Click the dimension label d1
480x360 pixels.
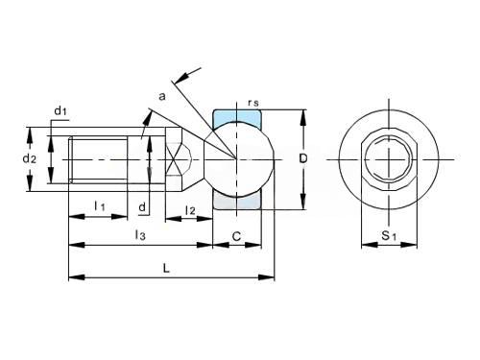(60, 111)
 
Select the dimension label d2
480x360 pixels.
(30, 158)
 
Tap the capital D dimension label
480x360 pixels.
(302, 158)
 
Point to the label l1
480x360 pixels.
(100, 205)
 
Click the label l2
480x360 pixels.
(190, 210)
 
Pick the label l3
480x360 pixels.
(140, 235)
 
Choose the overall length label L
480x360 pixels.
(166, 268)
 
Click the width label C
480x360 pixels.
(236, 236)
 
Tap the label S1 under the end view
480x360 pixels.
(389, 236)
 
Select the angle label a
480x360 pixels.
(162, 96)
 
